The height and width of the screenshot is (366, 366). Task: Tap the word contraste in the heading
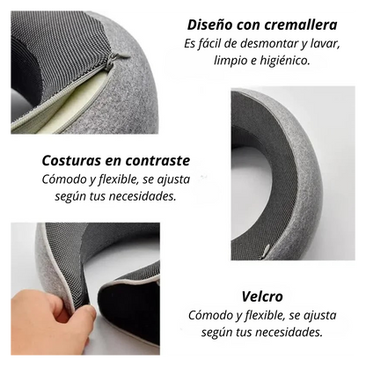175,161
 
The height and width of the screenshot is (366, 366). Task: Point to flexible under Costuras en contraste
113,179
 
